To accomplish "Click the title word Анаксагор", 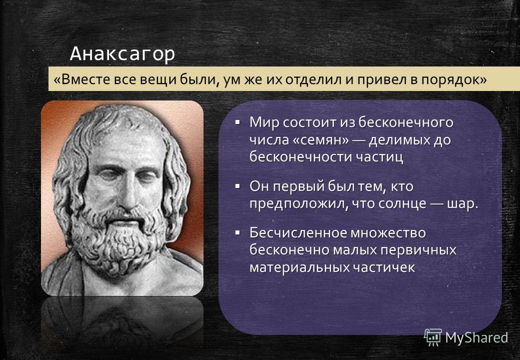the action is click(122, 54).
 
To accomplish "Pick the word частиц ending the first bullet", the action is click(379, 157).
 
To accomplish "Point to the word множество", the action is click(388, 233).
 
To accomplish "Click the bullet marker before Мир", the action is click(237, 122).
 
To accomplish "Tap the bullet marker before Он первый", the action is click(237, 186).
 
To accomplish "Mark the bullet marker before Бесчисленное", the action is click(237, 232).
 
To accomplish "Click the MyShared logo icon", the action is click(433, 337).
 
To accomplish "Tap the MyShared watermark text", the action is click(476, 338).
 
